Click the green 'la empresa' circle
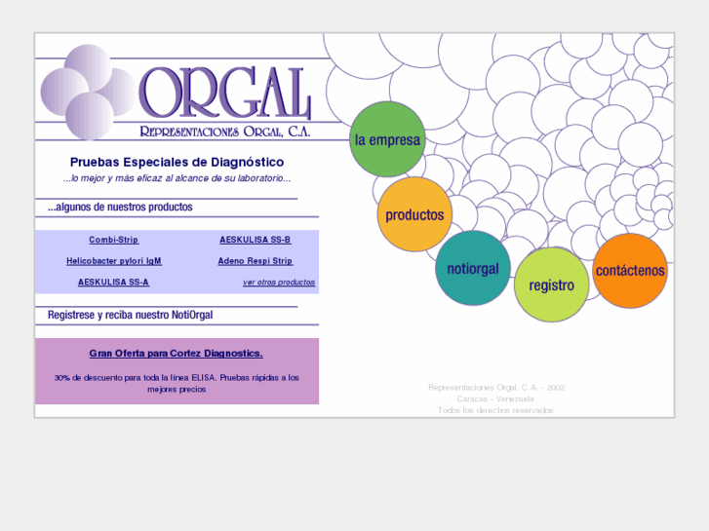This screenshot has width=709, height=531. tap(387, 139)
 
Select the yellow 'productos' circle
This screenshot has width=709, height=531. tap(414, 214)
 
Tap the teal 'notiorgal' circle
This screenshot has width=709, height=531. tap(473, 269)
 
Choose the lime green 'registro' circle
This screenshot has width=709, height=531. tap(551, 284)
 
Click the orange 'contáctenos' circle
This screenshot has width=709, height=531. tap(630, 270)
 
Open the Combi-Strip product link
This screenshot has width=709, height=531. tap(114, 240)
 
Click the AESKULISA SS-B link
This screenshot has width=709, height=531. tap(255, 240)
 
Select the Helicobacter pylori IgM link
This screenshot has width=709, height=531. tap(114, 261)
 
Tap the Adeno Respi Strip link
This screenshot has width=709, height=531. tap(255, 261)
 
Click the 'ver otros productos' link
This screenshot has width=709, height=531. tap(279, 283)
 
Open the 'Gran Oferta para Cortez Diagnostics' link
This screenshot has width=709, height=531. tap(177, 354)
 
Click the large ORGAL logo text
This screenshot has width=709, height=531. tap(225, 95)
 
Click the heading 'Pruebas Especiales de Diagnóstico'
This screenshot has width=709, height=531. tap(177, 162)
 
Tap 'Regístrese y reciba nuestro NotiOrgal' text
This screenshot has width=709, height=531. tap(130, 316)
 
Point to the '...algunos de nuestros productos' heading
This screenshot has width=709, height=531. tap(120, 208)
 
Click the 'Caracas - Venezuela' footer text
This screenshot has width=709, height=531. tap(495, 399)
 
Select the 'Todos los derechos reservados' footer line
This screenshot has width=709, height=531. tap(495, 410)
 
